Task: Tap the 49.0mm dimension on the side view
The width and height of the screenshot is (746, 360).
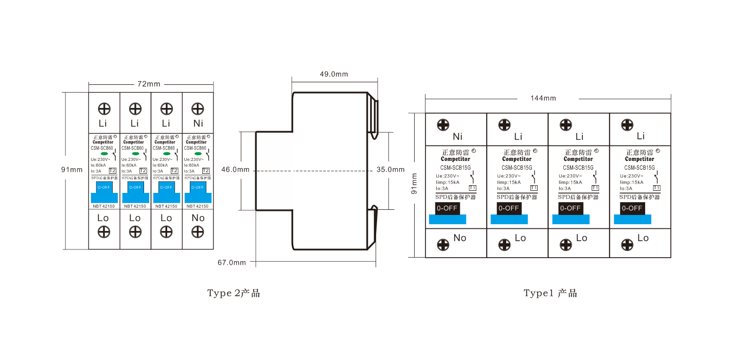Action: (334, 74)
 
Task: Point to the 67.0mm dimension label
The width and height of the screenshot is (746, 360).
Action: (232, 262)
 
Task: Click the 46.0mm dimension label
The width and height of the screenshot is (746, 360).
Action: (236, 169)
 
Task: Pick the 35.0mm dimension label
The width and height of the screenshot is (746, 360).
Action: (390, 169)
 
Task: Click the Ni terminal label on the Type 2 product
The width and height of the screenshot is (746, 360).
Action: (198, 123)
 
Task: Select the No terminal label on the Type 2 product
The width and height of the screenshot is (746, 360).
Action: (198, 218)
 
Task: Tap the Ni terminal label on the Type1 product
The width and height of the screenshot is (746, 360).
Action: (458, 137)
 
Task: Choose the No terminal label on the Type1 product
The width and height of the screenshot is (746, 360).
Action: (460, 238)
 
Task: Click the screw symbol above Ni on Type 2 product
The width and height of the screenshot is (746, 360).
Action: (198, 109)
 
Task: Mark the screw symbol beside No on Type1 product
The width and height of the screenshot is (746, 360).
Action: (443, 245)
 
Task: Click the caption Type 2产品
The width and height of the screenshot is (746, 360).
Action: (234, 293)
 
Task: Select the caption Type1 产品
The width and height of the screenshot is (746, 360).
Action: (550, 293)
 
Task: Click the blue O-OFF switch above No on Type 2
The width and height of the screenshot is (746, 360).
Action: (198, 187)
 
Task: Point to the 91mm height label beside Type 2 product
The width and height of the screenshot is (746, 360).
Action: (72, 170)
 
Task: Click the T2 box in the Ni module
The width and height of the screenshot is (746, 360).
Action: (206, 171)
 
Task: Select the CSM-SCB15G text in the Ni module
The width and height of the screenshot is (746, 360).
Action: (455, 167)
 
